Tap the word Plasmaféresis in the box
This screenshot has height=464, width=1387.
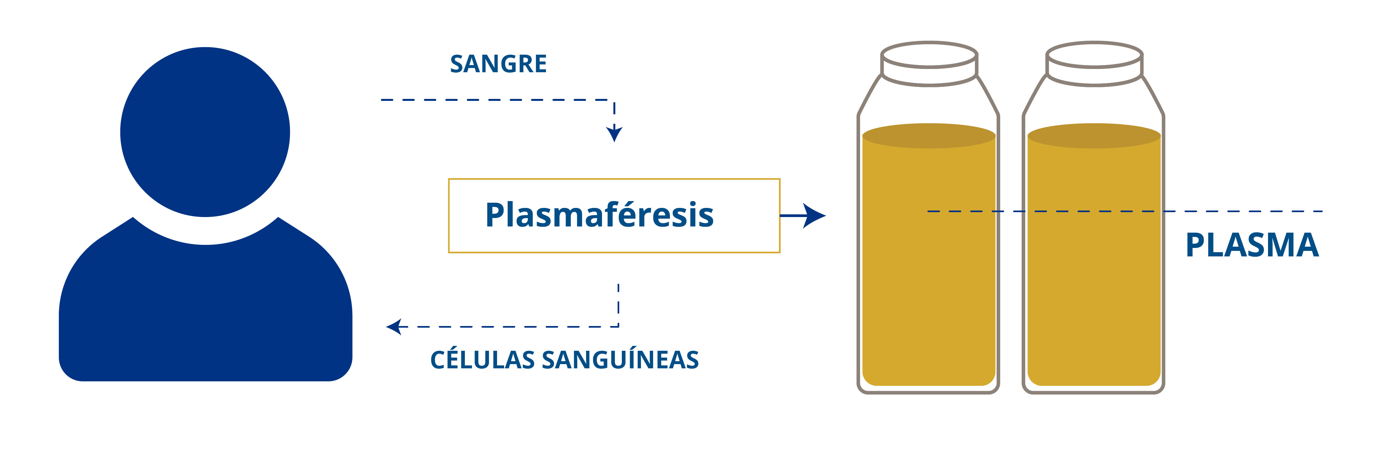click(x=599, y=215)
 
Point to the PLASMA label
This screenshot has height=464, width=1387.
click(x=1252, y=246)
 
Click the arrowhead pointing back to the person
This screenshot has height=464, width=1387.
click(x=394, y=327)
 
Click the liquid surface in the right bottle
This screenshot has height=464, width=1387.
click(x=1094, y=136)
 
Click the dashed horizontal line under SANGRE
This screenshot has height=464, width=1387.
click(x=495, y=100)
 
